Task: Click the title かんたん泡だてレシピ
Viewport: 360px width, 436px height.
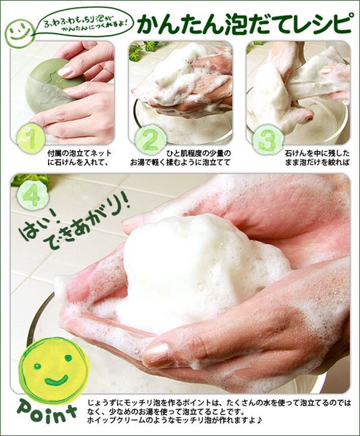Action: click(x=244, y=24)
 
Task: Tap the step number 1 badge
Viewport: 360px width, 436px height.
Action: click(x=31, y=138)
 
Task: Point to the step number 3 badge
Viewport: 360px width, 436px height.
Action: click(x=268, y=140)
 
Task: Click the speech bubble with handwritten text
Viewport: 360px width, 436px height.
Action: click(x=84, y=25)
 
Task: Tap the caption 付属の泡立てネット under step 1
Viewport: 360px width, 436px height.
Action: click(x=79, y=153)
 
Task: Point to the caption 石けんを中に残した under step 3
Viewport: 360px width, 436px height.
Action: click(x=317, y=153)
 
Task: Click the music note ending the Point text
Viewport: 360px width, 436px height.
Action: click(x=260, y=420)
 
